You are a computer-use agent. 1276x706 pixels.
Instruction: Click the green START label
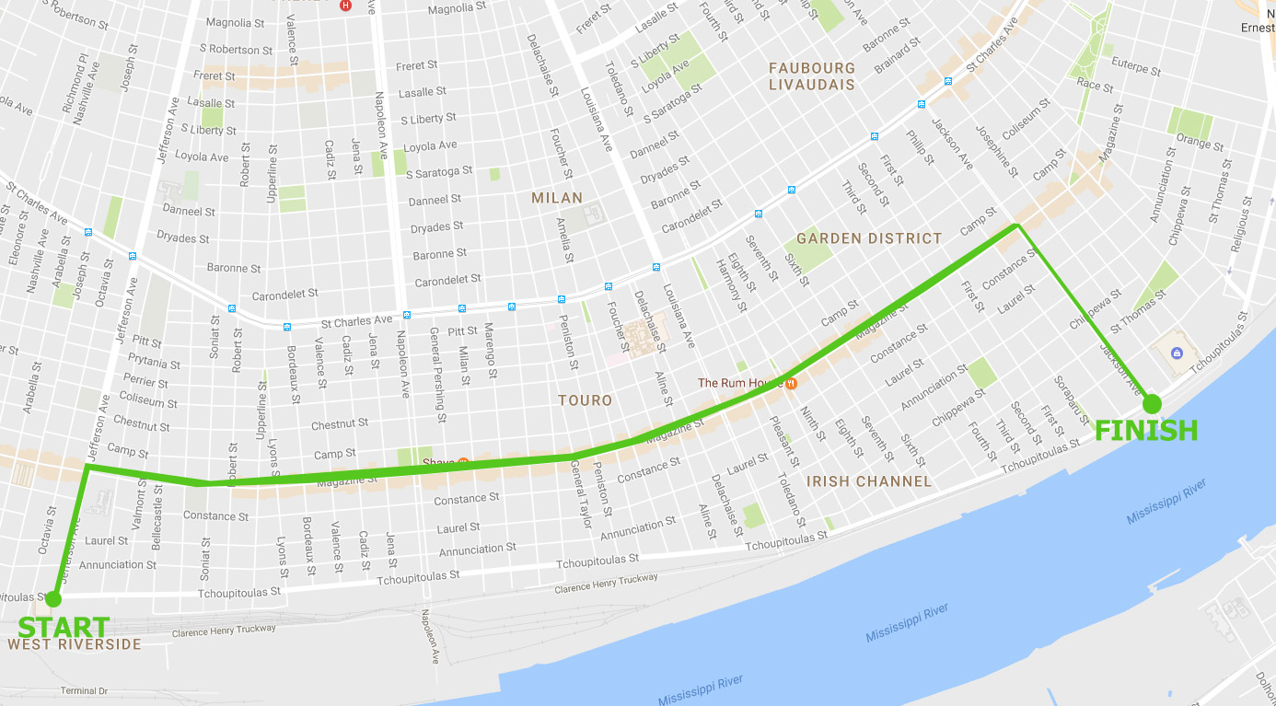pos(64,627)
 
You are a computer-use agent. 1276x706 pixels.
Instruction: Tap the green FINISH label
pos(1146,430)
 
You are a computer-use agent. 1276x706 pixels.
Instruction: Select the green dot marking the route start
pos(53,599)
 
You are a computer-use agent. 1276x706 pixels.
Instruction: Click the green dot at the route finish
pos(1152,403)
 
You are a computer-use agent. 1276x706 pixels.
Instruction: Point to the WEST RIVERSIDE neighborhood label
pos(75,644)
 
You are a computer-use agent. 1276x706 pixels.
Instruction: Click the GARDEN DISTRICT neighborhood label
pos(869,238)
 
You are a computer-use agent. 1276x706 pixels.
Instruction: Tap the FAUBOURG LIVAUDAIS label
pos(812,76)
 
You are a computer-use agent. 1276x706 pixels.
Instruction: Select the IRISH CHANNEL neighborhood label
pos(868,481)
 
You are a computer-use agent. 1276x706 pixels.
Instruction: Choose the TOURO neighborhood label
pos(585,400)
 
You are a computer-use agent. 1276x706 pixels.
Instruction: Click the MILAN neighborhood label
pos(557,198)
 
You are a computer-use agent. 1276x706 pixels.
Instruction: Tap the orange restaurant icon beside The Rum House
pos(790,383)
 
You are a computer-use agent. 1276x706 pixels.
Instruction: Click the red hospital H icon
pos(345,6)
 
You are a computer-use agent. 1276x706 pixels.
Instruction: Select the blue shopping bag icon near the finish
pos(1177,353)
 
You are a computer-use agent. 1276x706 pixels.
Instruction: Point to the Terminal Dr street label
pos(84,690)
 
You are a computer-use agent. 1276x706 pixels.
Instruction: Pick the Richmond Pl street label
pos(74,85)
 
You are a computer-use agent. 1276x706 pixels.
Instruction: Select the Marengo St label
pos(491,351)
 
